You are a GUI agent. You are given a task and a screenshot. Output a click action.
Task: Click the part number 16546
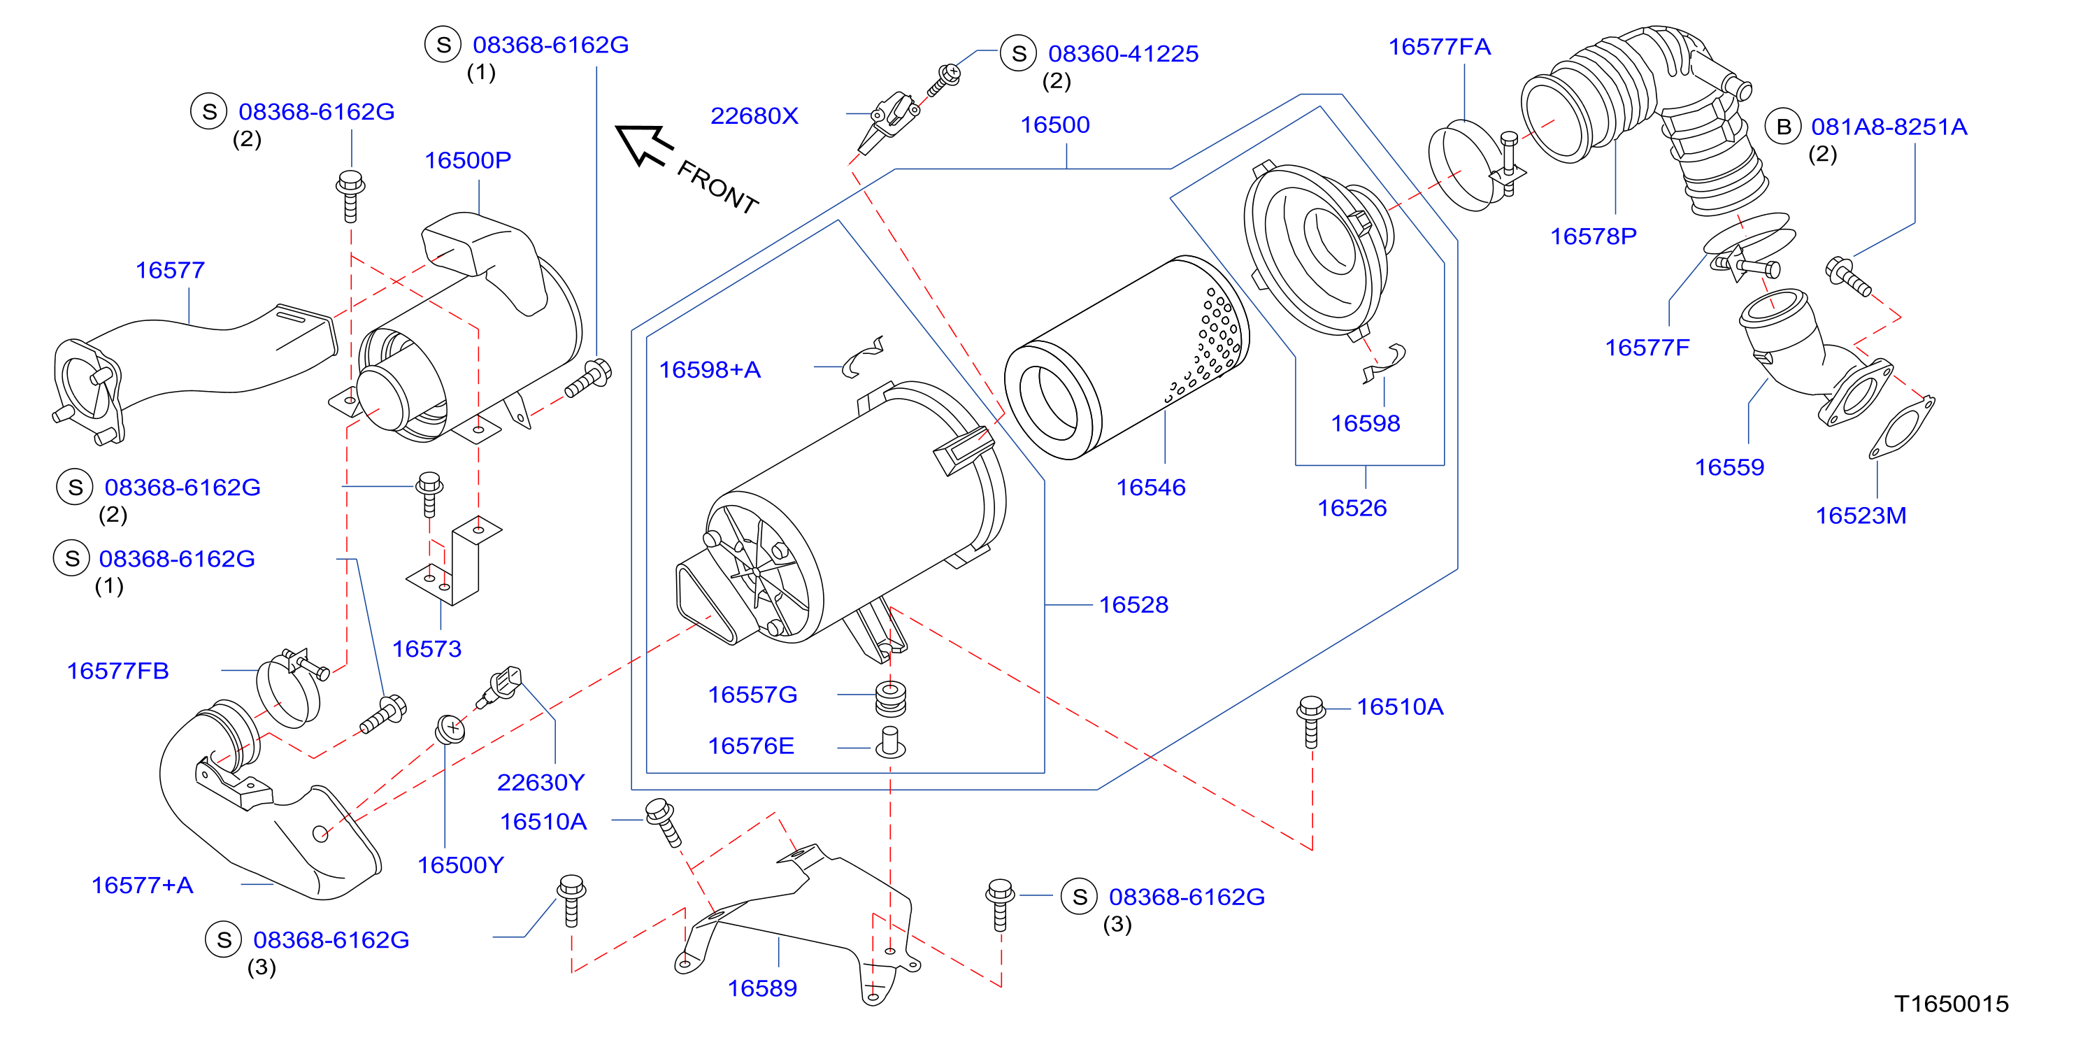(1150, 487)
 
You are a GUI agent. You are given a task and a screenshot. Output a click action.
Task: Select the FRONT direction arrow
(644, 145)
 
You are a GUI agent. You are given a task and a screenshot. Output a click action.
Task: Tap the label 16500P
(468, 159)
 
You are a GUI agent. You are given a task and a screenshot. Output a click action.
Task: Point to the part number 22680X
(754, 115)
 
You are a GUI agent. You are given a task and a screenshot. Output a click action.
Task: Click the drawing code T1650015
(1952, 1004)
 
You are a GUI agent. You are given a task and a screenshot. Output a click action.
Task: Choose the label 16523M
(1861, 516)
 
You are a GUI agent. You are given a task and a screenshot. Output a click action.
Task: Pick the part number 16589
(762, 988)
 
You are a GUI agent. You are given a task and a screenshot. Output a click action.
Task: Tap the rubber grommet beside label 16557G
(891, 699)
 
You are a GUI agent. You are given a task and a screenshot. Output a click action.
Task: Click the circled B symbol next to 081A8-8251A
(1784, 127)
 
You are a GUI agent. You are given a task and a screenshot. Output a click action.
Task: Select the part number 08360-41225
(1124, 54)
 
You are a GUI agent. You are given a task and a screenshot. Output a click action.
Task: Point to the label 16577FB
(118, 671)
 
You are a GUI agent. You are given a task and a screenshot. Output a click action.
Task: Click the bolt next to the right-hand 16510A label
(1310, 721)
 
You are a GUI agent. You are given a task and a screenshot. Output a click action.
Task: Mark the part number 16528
(1133, 605)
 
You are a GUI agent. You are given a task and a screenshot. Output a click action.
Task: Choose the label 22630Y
(541, 783)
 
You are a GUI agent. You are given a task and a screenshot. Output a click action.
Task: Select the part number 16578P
(1593, 236)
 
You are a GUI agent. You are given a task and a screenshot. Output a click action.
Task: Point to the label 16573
(427, 649)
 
